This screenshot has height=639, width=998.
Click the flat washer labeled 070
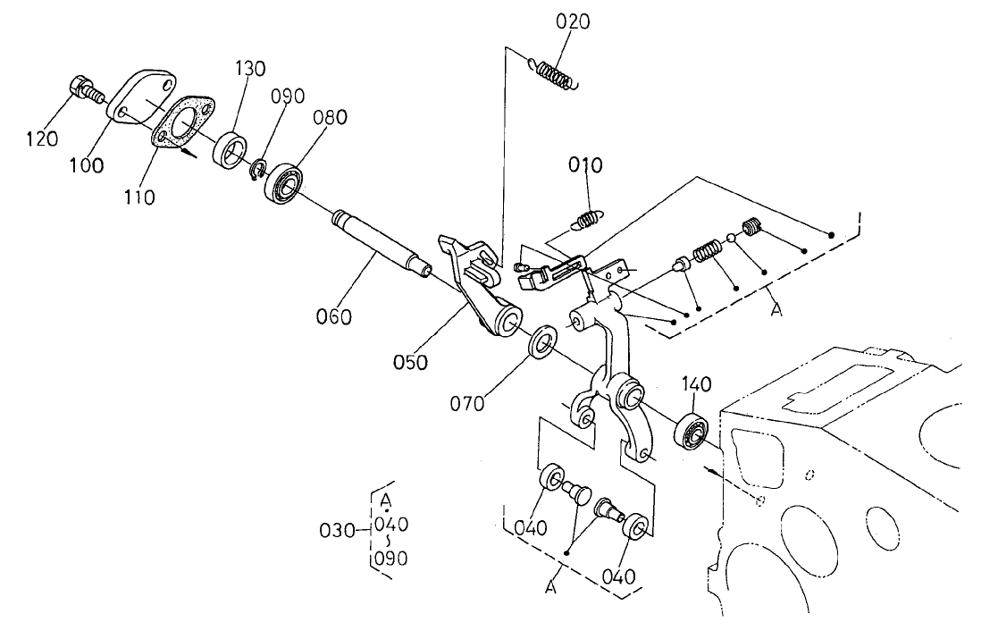541,342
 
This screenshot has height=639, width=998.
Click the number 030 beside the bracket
339,531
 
